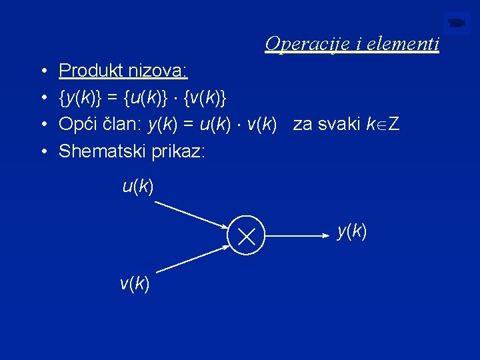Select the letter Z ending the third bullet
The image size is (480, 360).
394,124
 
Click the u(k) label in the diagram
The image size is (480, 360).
138,187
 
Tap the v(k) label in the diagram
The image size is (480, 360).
135,284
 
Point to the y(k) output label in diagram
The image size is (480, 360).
352,231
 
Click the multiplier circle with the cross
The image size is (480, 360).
247,235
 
